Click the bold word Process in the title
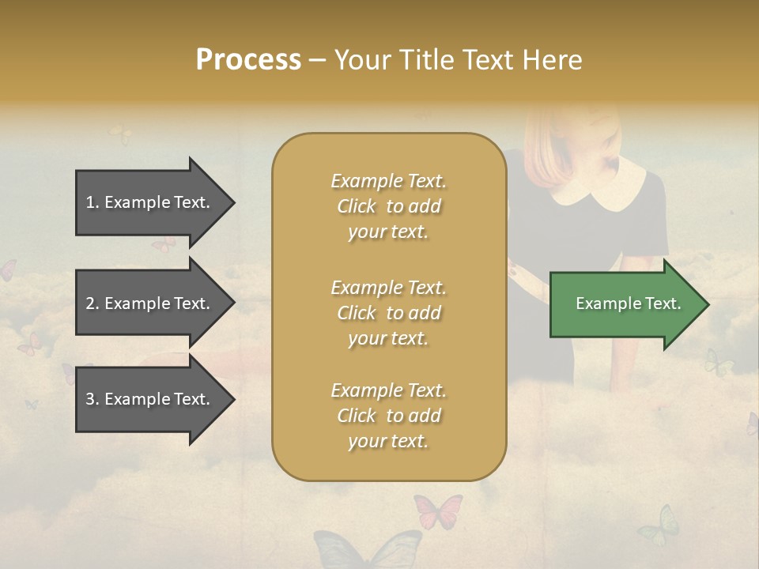click(248, 60)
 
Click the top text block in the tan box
click(388, 206)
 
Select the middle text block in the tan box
click(388, 312)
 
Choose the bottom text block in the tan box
click(388, 416)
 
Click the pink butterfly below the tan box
click(437, 511)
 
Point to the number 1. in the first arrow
click(93, 202)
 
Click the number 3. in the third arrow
click(93, 399)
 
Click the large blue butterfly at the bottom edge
click(368, 550)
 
